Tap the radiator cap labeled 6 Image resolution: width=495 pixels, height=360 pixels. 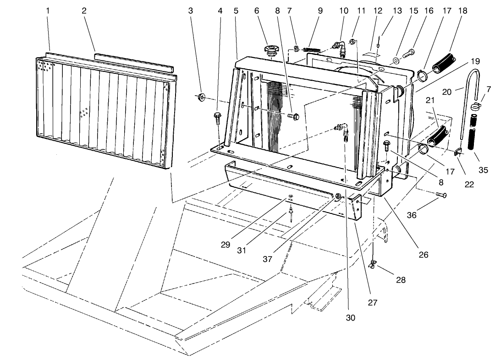click(272, 49)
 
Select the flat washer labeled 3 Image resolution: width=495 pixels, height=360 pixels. click(201, 97)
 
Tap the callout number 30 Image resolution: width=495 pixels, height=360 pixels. click(351, 316)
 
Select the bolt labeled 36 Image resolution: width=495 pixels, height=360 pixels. click(441, 196)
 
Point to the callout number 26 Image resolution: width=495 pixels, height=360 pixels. click(423, 255)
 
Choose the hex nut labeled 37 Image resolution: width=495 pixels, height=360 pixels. click(337, 196)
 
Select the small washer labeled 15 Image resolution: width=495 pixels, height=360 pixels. click(396, 61)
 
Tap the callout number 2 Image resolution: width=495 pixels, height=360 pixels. click(84, 11)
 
